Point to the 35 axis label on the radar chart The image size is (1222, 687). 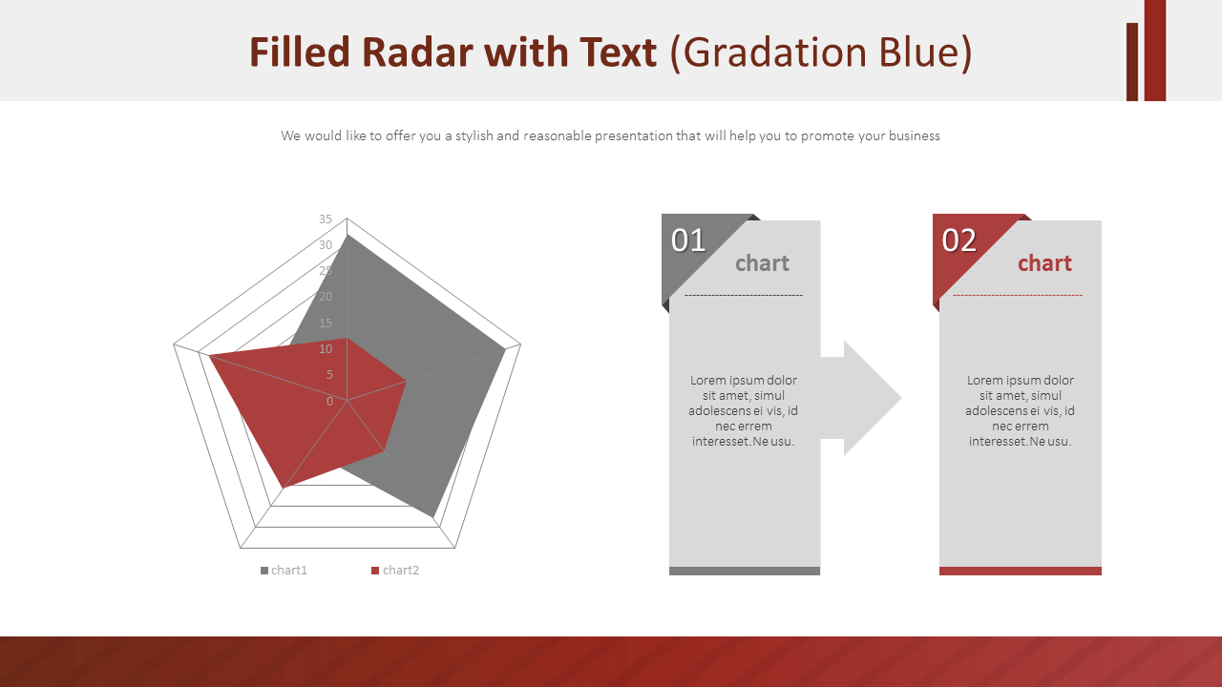coord(326,219)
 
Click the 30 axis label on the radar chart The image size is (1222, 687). coord(326,245)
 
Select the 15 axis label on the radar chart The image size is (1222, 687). coord(326,323)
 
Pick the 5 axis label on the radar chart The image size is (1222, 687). coord(329,375)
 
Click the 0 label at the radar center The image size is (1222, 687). coord(329,402)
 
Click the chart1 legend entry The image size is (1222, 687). coord(284,571)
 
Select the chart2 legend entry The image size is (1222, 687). coord(395,571)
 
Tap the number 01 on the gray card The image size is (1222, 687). coord(688,240)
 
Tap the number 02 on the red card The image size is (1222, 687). coord(959,240)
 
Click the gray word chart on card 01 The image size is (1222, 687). coord(762,263)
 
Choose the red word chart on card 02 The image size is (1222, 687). coord(1044,263)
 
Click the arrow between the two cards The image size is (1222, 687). coord(861,398)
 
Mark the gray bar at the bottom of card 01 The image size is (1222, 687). coord(745,571)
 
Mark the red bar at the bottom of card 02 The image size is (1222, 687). coord(1021,571)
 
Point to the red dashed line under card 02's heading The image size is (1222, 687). coord(1018,296)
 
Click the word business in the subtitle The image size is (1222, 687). coord(915,135)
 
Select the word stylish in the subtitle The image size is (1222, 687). coord(474,135)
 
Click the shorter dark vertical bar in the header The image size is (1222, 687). coord(1132,62)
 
